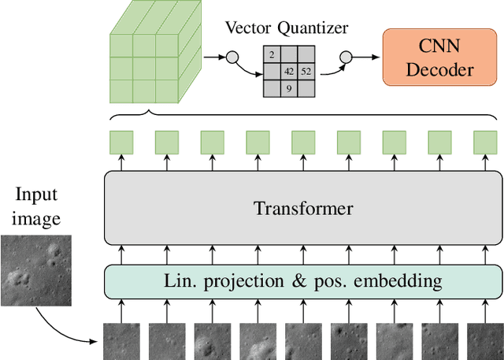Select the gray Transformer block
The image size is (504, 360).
303,209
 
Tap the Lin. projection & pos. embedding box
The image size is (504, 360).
303,280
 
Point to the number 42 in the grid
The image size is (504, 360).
290,72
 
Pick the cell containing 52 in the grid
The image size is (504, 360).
306,72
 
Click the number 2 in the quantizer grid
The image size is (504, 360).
272,55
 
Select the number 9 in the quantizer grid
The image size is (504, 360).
289,88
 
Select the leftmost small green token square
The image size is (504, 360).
120,143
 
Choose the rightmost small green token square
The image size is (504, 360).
485,143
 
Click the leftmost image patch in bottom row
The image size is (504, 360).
120,340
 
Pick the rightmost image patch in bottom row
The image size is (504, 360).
485,340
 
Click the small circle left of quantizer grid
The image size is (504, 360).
232,57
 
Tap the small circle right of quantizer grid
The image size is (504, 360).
344,57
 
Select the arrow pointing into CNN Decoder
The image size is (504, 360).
365,57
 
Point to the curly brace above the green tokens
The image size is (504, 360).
303,117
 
